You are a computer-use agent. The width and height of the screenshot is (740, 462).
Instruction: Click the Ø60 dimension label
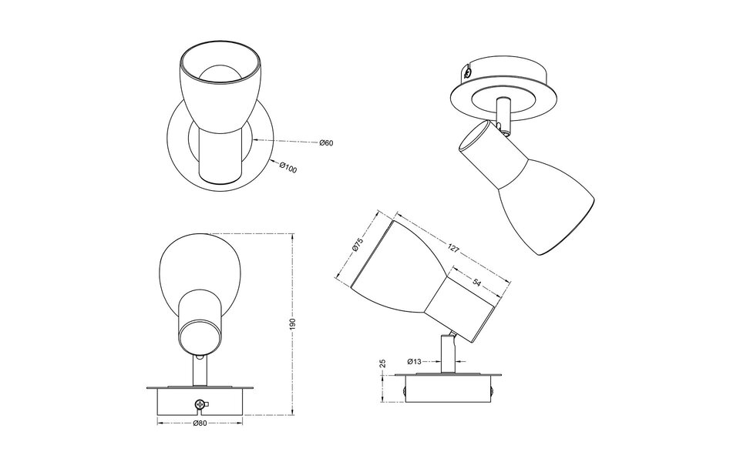click(x=326, y=143)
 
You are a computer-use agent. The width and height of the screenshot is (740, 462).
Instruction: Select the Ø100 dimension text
click(x=288, y=168)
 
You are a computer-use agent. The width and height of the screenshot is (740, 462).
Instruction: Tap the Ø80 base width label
click(x=200, y=423)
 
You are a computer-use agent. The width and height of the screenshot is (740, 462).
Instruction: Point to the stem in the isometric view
click(x=503, y=112)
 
